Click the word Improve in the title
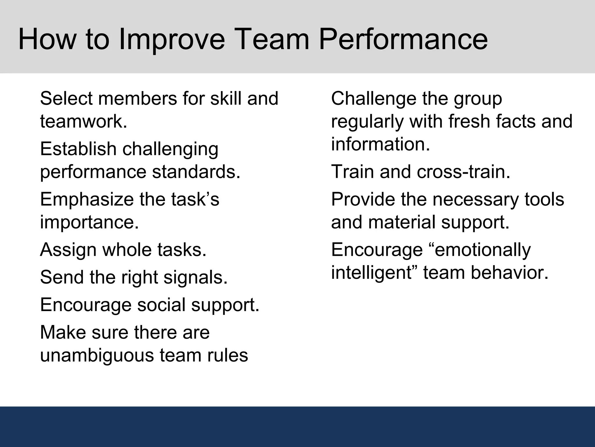[172, 39]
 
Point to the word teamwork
[84, 121]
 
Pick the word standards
[196, 172]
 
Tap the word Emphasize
[86, 199]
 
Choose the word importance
[89, 222]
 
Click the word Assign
[68, 250]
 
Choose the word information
[380, 144]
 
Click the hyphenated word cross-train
[463, 172]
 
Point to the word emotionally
[480, 250]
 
